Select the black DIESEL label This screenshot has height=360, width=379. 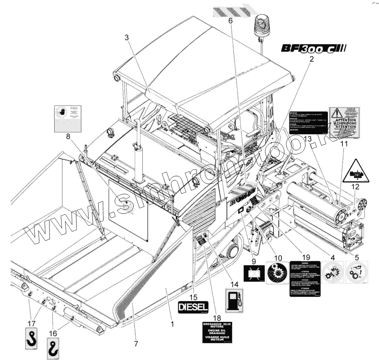click(x=194, y=306)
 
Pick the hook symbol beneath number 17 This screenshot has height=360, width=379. click(x=31, y=338)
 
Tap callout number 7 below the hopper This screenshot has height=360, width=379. click(x=136, y=343)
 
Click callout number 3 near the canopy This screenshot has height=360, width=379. click(x=127, y=37)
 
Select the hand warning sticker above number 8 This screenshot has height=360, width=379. click(x=67, y=118)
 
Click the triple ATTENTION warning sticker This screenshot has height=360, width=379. click(x=345, y=122)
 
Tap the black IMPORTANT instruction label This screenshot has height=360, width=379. click(x=308, y=122)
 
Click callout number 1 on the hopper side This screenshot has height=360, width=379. click(x=172, y=324)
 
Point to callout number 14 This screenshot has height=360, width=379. click(x=234, y=284)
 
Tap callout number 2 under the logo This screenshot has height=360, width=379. click(x=311, y=60)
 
